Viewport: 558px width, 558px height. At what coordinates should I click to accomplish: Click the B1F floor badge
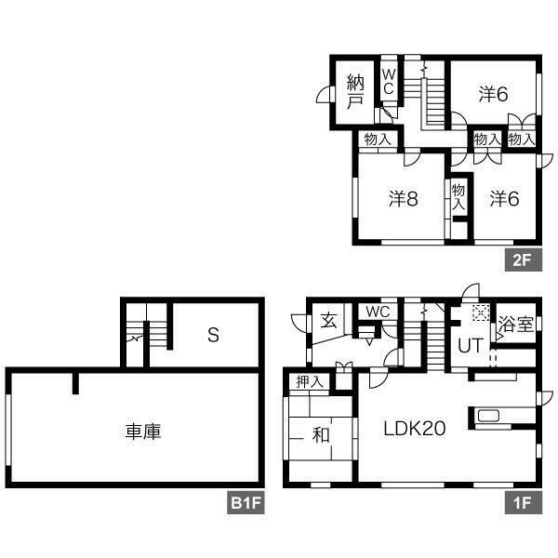(x=246, y=503)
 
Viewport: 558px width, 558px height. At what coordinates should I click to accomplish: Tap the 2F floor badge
(x=523, y=260)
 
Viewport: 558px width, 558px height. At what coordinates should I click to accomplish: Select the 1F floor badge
(x=523, y=503)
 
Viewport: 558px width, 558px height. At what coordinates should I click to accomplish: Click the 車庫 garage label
(x=143, y=432)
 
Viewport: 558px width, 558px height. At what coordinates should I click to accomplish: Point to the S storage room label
(x=213, y=335)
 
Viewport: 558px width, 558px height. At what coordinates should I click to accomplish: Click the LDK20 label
(x=415, y=428)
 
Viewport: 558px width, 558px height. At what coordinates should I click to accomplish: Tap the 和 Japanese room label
(x=321, y=435)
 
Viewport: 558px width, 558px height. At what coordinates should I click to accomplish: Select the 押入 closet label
(x=310, y=382)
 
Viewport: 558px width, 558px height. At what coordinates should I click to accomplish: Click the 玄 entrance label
(x=328, y=321)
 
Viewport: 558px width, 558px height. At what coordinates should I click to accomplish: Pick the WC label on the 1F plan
(x=378, y=312)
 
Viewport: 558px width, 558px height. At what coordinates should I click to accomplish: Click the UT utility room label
(x=471, y=346)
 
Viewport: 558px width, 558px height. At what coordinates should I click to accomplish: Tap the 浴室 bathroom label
(x=515, y=325)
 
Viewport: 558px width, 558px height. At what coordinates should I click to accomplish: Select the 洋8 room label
(x=404, y=199)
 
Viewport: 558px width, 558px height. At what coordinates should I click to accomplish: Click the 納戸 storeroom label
(x=355, y=91)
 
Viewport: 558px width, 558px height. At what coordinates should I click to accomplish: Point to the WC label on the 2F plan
(x=388, y=82)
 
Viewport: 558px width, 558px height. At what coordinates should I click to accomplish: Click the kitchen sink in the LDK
(x=488, y=416)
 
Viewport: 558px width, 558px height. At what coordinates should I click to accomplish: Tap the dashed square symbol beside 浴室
(x=481, y=312)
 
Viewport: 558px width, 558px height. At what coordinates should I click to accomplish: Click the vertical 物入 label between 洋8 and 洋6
(x=458, y=197)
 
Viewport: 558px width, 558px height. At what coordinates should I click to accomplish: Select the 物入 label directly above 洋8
(x=378, y=139)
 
